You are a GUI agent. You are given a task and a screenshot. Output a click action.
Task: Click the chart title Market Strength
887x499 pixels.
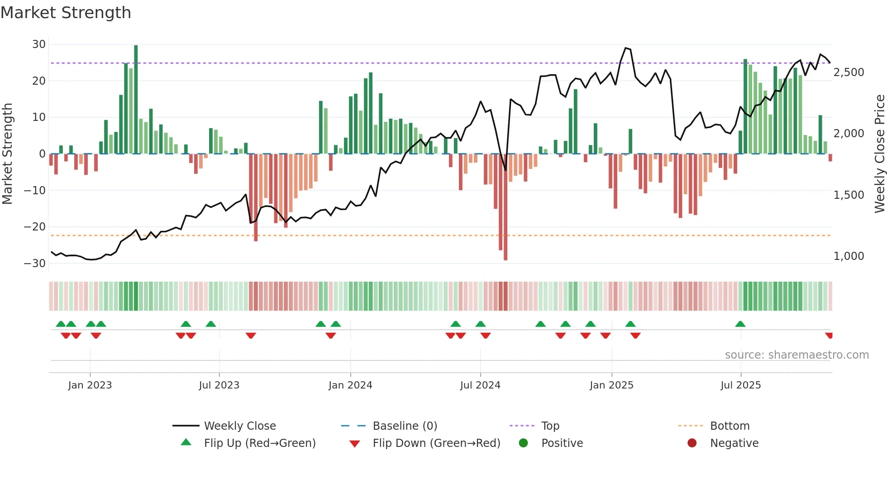tap(66, 13)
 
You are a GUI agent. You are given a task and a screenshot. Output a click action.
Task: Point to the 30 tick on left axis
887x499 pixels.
tap(39, 44)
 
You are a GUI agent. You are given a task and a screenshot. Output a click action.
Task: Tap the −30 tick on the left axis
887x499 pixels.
tap(35, 263)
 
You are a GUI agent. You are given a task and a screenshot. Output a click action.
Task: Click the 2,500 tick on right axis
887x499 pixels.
tap(849, 72)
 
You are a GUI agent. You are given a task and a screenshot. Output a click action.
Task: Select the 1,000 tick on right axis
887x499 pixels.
tap(849, 256)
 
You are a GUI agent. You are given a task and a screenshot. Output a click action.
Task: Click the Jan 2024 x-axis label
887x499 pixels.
tap(350, 385)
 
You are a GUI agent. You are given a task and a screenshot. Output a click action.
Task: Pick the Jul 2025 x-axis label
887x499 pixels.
tap(740, 385)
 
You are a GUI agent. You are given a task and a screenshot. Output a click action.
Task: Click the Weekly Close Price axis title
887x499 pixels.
tap(879, 154)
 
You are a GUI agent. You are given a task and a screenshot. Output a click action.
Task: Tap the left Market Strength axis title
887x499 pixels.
tap(8, 154)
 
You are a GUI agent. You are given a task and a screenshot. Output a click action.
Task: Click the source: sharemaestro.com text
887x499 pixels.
tap(796, 355)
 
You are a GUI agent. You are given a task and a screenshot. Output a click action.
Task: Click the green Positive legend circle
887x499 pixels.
tap(523, 443)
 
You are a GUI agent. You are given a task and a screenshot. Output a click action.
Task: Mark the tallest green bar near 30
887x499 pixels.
tap(136, 100)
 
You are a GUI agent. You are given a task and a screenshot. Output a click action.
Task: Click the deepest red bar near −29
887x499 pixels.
tap(505, 208)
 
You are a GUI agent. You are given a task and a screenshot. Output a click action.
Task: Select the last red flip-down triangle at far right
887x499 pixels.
tap(829, 336)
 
